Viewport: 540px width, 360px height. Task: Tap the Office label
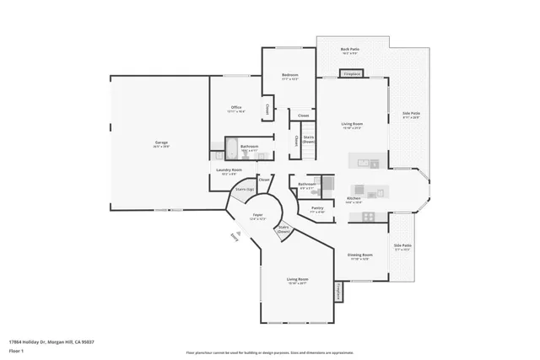(x=237, y=108)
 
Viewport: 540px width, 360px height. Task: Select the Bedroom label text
(x=290, y=76)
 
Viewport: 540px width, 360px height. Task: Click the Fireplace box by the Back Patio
(x=353, y=74)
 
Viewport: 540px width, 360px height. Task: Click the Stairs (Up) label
(x=245, y=190)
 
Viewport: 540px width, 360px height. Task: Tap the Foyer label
(x=257, y=216)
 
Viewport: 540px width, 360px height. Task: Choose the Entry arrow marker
(x=234, y=237)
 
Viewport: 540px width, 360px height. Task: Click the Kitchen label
(x=354, y=199)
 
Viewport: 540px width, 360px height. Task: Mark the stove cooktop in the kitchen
(x=368, y=217)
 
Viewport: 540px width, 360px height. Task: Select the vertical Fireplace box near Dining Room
(x=337, y=291)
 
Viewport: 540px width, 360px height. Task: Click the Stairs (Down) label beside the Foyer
(x=284, y=228)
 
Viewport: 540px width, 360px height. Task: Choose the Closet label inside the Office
(x=267, y=109)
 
